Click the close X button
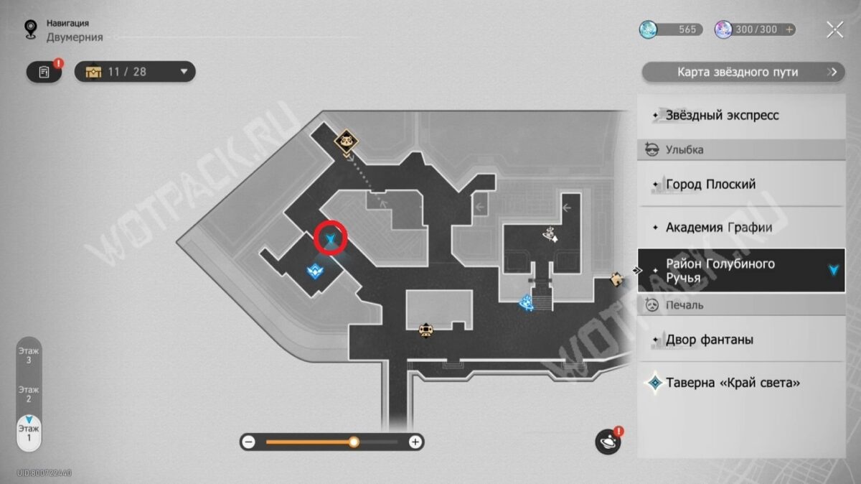pyautogui.click(x=834, y=29)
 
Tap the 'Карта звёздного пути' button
pyautogui.click(x=742, y=72)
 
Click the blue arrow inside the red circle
pyautogui.click(x=331, y=238)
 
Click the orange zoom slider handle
pyautogui.click(x=354, y=442)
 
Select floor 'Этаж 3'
pyautogui.click(x=29, y=355)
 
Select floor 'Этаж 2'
pyautogui.click(x=29, y=394)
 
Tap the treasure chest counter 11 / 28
pyautogui.click(x=135, y=72)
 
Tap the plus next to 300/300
pyautogui.click(x=790, y=29)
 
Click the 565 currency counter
pyautogui.click(x=669, y=29)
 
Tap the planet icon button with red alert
pyautogui.click(x=608, y=442)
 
